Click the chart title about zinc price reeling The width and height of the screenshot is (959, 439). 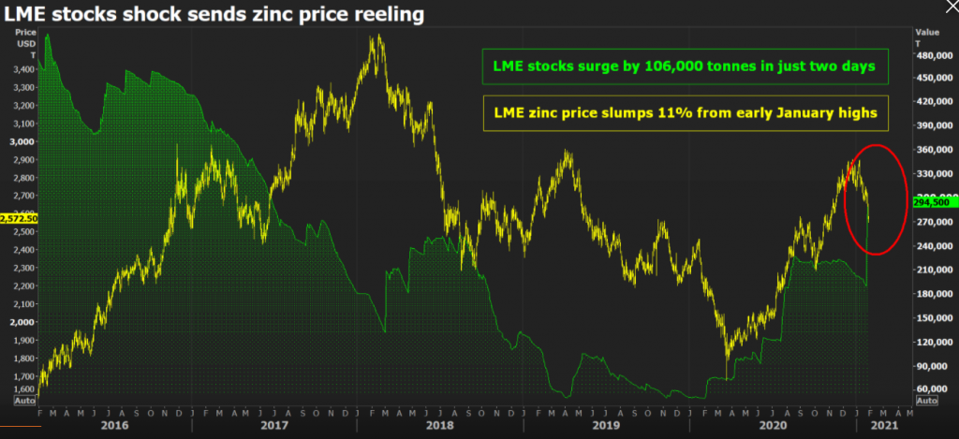(x=213, y=14)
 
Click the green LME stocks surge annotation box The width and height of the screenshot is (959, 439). (x=684, y=67)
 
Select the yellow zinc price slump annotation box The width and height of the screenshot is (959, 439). (x=684, y=111)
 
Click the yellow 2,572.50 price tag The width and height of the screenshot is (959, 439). (x=18, y=217)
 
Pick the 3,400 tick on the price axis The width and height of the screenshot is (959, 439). (x=22, y=69)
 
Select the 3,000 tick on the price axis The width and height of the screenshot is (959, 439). (x=22, y=141)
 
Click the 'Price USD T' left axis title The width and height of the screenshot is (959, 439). (x=25, y=42)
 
